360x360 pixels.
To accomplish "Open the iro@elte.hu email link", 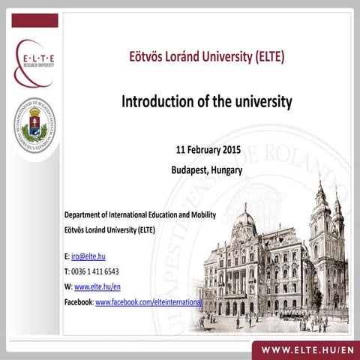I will (x=88, y=256).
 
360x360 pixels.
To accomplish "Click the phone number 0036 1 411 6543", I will (x=94, y=271).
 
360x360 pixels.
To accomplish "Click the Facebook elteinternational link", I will (x=148, y=301).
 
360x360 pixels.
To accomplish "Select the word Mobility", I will (x=201, y=215).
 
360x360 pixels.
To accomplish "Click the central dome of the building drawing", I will (x=244, y=221).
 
